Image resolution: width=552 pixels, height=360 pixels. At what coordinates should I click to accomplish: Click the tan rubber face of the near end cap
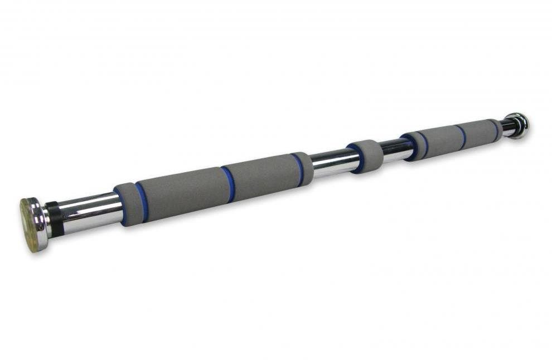(x=31, y=223)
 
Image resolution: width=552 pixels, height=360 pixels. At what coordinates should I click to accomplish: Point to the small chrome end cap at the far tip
(x=519, y=125)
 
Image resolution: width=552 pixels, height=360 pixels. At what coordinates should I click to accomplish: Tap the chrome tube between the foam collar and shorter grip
(x=396, y=149)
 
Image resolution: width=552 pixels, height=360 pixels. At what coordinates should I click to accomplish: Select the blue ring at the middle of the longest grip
(x=228, y=183)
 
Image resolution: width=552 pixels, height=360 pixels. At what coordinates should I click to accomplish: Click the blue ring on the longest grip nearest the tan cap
(x=141, y=202)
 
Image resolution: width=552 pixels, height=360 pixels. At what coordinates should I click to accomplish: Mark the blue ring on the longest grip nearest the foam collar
(x=298, y=168)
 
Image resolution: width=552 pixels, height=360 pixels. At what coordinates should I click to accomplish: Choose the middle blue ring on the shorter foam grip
(x=462, y=137)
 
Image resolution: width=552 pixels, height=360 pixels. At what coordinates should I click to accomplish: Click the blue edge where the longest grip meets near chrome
(x=119, y=206)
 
